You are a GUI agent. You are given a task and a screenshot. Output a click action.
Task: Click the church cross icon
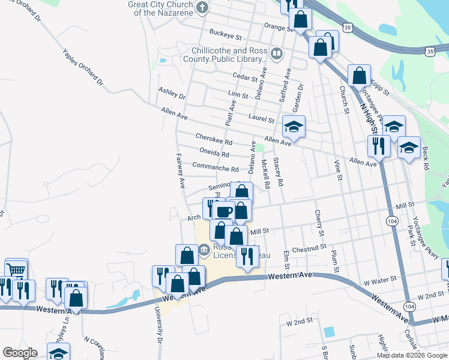coord(202,8)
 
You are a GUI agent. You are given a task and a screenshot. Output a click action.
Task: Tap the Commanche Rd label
coord(215,165)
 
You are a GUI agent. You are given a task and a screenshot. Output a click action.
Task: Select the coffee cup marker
coord(224,211)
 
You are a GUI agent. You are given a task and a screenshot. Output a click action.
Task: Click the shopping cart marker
coord(16,269)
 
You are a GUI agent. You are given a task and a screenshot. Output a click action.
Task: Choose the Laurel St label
coord(262,120)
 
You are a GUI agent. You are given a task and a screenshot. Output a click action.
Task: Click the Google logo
coord(20,352)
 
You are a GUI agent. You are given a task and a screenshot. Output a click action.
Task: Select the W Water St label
coord(381,279)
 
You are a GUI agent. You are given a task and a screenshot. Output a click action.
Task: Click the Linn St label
coord(238,95)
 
